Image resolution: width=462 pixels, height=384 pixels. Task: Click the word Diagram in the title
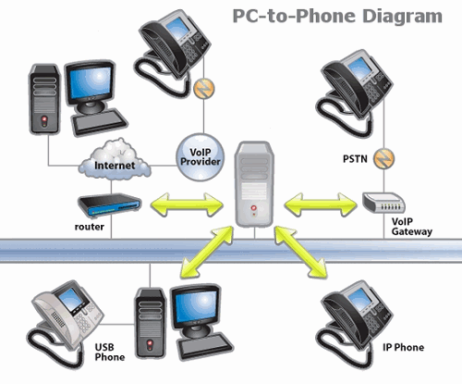pos(403,17)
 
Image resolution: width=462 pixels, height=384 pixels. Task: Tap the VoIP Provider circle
pos(201,157)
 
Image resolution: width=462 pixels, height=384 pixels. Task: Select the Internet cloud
pos(115,160)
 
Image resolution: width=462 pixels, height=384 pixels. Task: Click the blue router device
pos(109,205)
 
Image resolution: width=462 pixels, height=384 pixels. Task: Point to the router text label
pos(90,227)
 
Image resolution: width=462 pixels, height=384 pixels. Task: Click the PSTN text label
pos(355,159)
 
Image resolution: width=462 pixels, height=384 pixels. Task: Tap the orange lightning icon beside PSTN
pos(383,158)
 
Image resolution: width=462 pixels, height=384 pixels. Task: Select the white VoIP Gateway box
pos(383,203)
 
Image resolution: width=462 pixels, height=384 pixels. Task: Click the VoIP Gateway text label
pos(412,227)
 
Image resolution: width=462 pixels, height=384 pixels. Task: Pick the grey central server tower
pos(254,184)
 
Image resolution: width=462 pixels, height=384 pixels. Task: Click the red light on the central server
pos(253,208)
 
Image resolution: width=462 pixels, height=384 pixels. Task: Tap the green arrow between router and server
pos(187,204)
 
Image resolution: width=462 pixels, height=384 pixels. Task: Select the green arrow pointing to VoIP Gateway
pos(321,204)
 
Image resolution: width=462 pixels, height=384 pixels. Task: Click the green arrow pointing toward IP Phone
pos(300,252)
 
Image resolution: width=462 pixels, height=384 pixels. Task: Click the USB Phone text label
pos(110,353)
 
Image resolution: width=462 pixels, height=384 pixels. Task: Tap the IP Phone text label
pos(403,348)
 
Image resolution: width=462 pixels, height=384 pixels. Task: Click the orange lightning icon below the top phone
pos(204,89)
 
